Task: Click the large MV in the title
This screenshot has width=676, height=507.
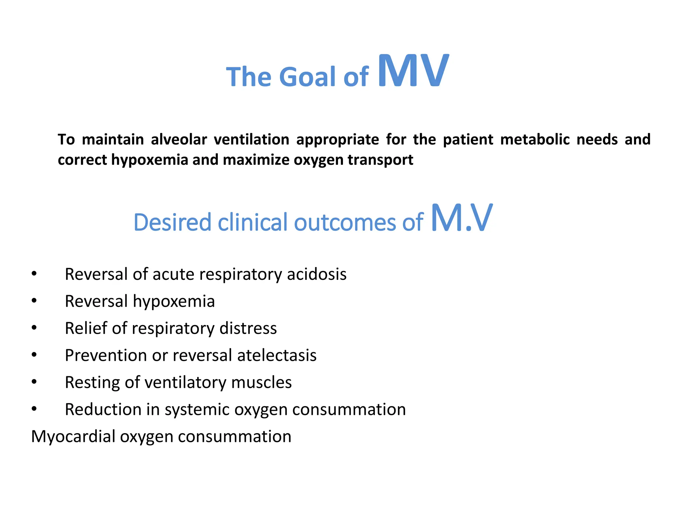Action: [x=413, y=71]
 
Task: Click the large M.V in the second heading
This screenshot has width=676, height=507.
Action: [x=461, y=218]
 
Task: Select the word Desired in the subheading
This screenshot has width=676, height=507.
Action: [x=172, y=222]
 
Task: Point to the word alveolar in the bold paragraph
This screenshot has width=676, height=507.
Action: [x=179, y=140]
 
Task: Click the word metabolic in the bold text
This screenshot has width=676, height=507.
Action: [x=535, y=140]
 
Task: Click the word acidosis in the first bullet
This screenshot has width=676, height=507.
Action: [x=317, y=274]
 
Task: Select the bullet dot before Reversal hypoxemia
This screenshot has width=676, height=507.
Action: [x=34, y=301]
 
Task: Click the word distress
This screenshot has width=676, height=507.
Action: [x=248, y=328]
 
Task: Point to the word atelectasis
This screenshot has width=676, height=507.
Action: [x=277, y=355]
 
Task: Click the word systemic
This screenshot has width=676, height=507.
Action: [x=197, y=410]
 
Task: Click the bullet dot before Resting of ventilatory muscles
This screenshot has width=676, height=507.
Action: [x=34, y=382]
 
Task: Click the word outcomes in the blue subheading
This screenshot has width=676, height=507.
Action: [x=345, y=222]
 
